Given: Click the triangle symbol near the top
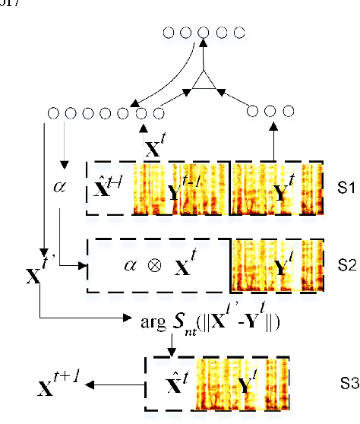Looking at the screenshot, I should [204, 80].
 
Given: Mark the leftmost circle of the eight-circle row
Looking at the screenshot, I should [52, 114].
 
